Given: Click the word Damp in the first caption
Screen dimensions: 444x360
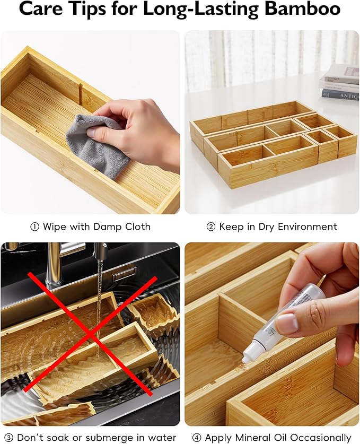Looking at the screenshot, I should point(108,227).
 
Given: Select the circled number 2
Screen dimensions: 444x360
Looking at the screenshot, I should point(210,227).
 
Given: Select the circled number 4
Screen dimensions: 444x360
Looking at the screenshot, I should point(197,438).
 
